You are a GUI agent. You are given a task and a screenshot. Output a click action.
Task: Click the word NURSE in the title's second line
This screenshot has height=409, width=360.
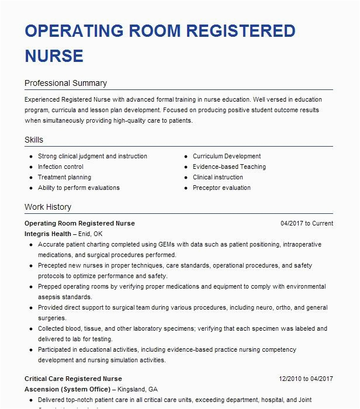(x=54, y=56)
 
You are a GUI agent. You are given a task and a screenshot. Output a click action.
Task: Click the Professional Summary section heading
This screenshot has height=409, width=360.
(x=65, y=84)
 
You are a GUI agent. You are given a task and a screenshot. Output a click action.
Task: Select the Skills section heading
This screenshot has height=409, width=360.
(x=34, y=140)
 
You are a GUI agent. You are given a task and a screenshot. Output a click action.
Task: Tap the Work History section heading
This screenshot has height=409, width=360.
(x=48, y=207)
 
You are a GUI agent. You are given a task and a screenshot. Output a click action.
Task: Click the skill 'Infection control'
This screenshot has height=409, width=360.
(x=61, y=167)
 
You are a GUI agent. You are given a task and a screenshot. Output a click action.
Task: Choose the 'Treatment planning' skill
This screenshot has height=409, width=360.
(x=64, y=178)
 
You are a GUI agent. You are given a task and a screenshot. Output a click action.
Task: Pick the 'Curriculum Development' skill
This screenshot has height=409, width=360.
(x=227, y=157)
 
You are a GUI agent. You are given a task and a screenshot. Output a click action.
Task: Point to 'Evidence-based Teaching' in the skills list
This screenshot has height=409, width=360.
(x=229, y=167)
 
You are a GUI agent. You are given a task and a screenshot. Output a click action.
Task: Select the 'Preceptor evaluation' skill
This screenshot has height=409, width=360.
(x=221, y=188)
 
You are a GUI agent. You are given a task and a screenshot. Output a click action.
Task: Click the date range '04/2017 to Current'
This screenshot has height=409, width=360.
(x=307, y=223)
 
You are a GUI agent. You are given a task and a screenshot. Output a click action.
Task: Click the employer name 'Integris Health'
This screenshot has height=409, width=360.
(x=48, y=234)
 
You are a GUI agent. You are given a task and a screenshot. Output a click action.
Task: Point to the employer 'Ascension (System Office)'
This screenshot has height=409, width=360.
(x=67, y=389)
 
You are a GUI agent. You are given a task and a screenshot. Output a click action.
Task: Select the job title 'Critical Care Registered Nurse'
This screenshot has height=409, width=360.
(x=73, y=379)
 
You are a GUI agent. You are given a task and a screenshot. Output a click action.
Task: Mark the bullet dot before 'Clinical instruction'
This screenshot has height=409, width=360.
(x=185, y=178)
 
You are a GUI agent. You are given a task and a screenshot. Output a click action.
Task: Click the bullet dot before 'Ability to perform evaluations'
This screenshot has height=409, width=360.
(x=30, y=188)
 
